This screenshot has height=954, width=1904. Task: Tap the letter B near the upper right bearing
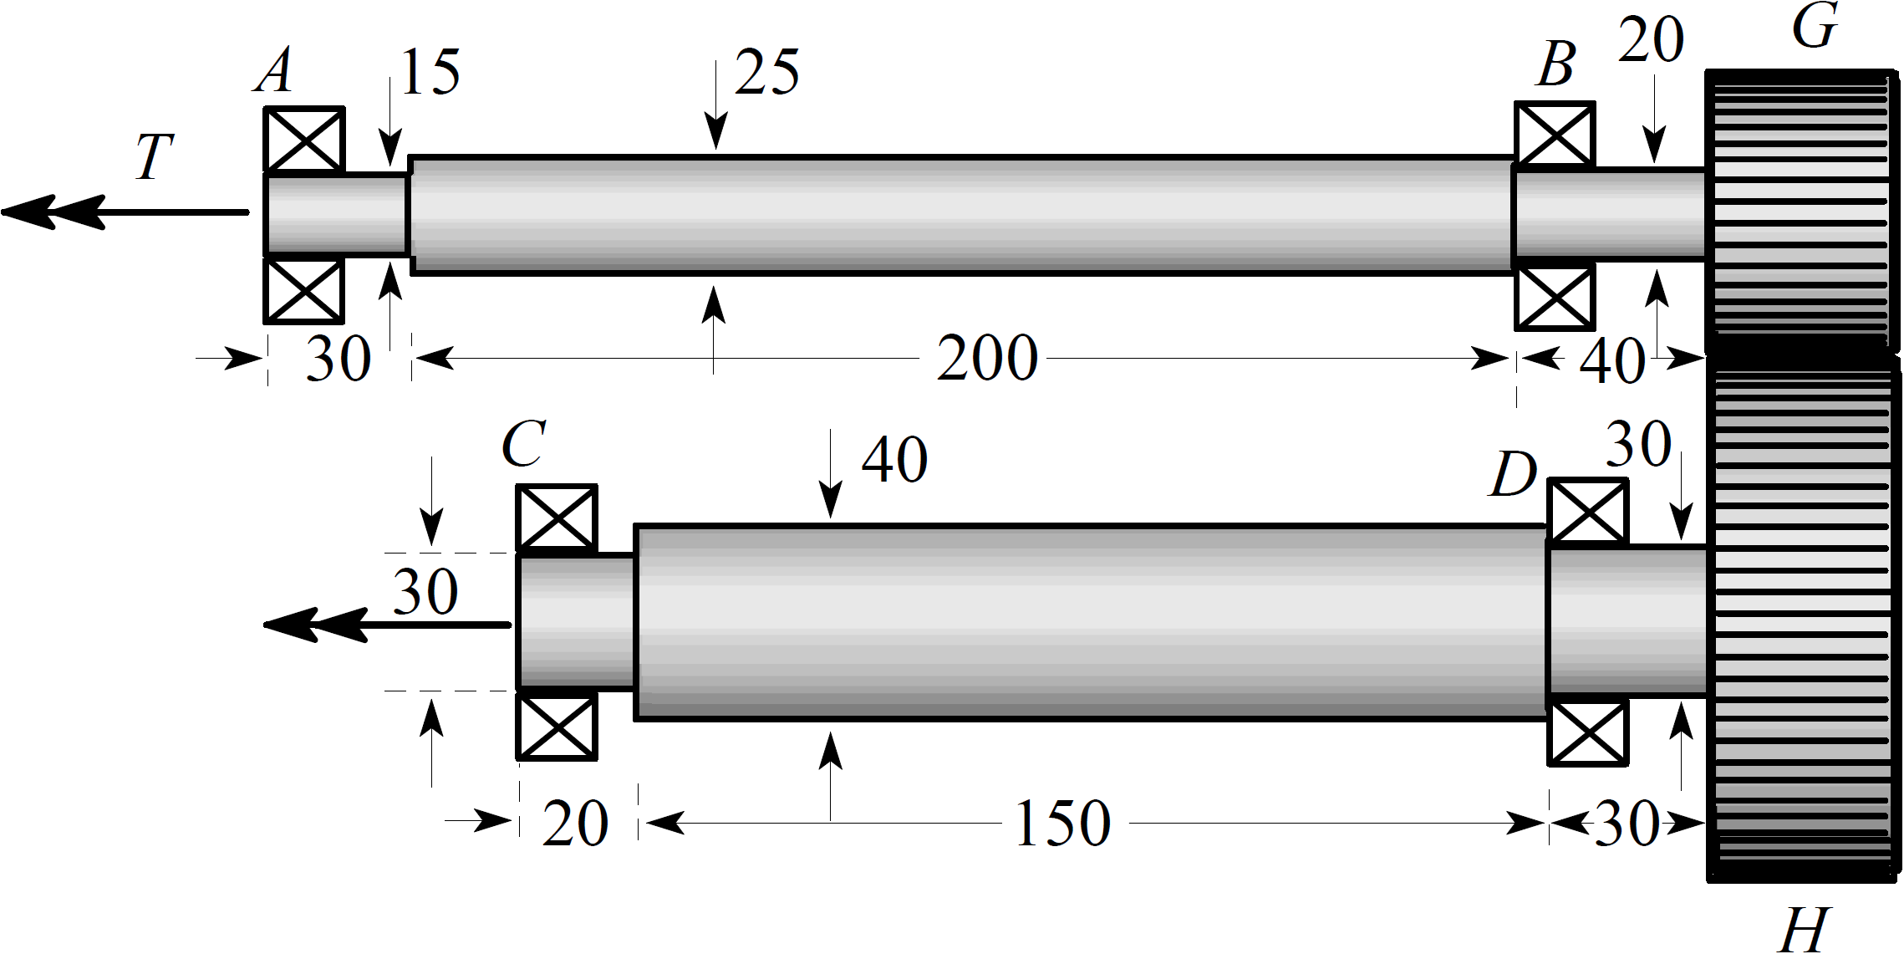tap(1555, 65)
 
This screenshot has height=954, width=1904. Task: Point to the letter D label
tap(1514, 476)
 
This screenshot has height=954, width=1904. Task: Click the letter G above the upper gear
tap(1814, 27)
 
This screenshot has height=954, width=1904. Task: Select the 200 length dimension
tap(986, 360)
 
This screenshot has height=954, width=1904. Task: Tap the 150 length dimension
tap(1062, 824)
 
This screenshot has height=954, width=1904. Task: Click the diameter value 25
tap(767, 74)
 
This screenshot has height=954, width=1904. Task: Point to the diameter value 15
tap(430, 74)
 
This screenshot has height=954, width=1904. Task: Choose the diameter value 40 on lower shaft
tap(893, 461)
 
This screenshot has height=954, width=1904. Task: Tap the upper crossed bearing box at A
tap(303, 140)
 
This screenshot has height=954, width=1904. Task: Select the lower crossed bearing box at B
tap(1554, 298)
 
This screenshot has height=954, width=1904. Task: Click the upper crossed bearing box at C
tap(557, 518)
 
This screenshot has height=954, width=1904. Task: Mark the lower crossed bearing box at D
tap(1587, 733)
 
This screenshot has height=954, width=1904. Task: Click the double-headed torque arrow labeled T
tap(125, 212)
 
